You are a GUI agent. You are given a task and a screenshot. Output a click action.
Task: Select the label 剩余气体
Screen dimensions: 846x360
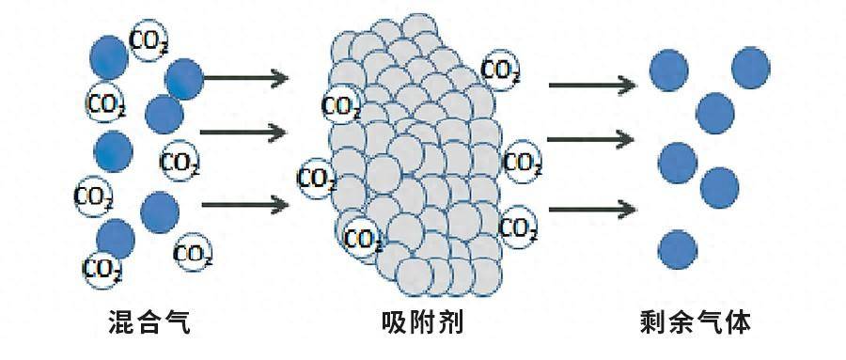point(694,324)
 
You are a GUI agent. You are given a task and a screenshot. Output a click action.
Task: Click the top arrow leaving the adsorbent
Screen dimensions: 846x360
point(590,86)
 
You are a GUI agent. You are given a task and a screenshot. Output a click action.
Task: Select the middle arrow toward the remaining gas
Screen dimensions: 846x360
point(590,140)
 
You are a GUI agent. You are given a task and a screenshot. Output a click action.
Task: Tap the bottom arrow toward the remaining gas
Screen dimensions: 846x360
point(590,207)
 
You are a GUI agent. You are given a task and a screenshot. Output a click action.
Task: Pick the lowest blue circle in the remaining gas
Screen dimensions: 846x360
point(678,249)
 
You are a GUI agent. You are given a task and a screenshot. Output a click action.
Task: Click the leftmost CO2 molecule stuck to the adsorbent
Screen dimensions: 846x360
point(318,177)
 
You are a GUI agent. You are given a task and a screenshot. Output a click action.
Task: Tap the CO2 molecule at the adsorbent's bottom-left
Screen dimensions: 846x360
point(362,238)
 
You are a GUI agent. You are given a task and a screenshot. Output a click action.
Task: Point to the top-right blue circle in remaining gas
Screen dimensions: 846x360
point(750,65)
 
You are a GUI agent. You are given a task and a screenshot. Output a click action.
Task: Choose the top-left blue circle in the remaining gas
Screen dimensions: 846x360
point(669,69)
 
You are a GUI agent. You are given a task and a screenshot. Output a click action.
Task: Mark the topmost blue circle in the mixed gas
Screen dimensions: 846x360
point(108,55)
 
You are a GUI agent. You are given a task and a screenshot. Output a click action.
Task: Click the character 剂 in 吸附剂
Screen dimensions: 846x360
point(451,324)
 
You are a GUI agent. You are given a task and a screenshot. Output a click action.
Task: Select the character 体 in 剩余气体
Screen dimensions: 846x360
point(737,324)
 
